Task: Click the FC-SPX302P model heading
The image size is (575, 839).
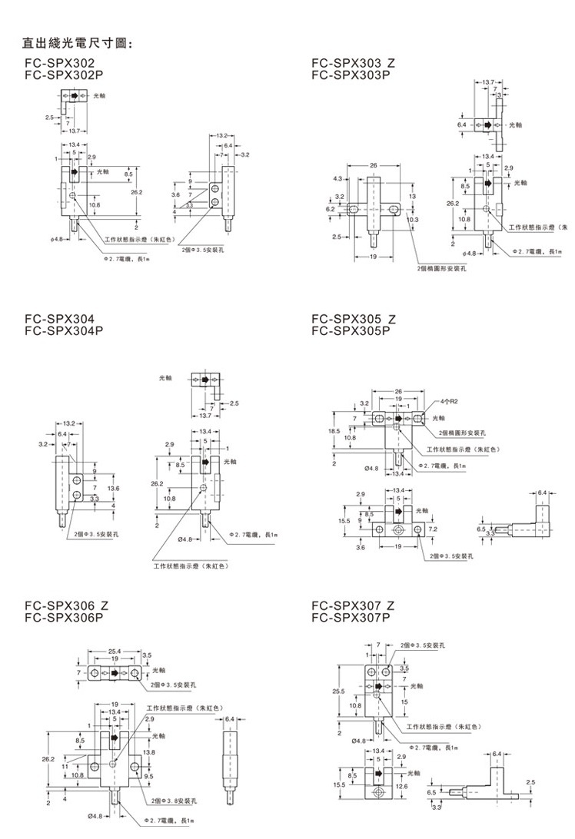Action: coord(63,75)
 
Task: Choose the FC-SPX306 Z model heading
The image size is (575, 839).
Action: coord(66,605)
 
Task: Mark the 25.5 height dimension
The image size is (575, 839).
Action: coord(338,692)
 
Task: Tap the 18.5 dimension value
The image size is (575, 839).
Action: coord(334,432)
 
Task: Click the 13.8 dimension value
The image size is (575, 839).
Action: coord(149,751)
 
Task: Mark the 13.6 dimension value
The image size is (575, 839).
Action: coord(114,489)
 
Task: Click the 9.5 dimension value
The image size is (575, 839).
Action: coord(150,775)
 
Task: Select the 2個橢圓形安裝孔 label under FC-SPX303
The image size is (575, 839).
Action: coord(443,269)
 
